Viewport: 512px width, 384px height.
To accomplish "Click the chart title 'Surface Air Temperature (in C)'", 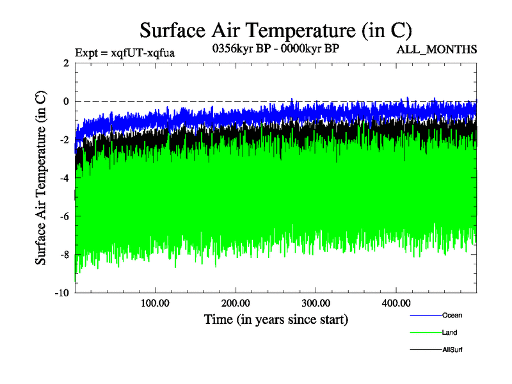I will click(x=275, y=30).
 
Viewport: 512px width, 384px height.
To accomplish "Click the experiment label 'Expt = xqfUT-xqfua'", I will click(x=125, y=52).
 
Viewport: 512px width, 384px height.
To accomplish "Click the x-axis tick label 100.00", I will click(x=155, y=303).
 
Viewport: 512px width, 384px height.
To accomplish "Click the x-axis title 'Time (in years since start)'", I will click(x=276, y=319).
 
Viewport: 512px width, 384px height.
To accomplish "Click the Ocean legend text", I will click(x=451, y=315).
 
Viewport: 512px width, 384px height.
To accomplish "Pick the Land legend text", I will click(x=449, y=332).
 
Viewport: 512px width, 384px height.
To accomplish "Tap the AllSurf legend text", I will click(x=452, y=350).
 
